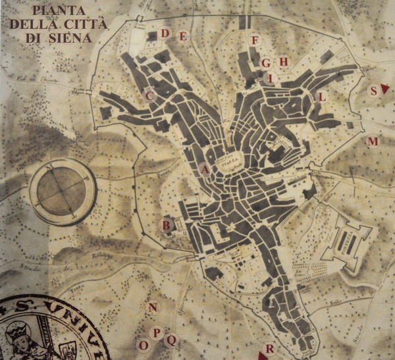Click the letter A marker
205,169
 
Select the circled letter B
167,226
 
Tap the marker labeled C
149,96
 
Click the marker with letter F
254,40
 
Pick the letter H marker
284,62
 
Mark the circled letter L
321,97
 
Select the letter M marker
373,141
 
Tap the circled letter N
153,308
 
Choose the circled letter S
374,91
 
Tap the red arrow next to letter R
261,356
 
